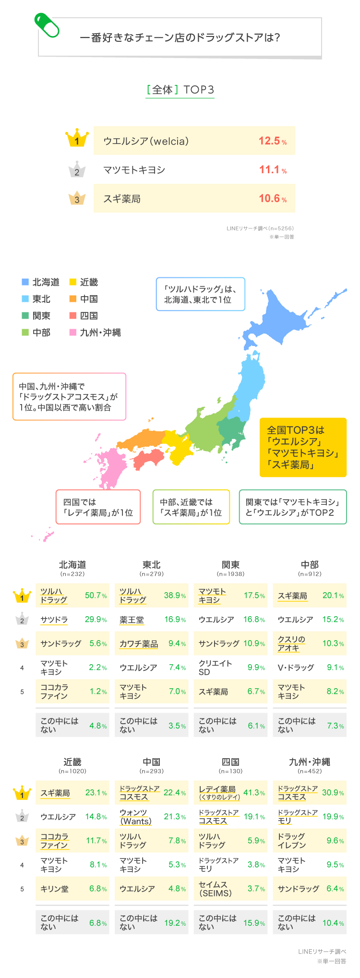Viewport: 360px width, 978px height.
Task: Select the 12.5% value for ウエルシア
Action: [272, 141]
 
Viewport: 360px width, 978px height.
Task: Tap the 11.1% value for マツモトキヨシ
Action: [272, 170]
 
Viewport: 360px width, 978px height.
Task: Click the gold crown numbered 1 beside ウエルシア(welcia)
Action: [77, 140]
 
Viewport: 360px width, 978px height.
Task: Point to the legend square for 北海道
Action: [25, 282]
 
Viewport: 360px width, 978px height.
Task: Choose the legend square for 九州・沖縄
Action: [73, 332]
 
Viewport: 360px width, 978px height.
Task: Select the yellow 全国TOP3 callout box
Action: [303, 447]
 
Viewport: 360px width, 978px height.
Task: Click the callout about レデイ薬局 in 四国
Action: [98, 507]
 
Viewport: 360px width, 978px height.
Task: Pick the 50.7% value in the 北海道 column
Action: [96, 596]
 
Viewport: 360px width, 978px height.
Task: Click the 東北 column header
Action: [152, 565]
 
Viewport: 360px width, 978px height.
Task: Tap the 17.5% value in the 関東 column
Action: [254, 596]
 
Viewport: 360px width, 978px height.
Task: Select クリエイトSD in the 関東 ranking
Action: [209, 668]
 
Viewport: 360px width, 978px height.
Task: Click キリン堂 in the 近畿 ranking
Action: [54, 889]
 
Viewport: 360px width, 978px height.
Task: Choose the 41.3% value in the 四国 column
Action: [254, 793]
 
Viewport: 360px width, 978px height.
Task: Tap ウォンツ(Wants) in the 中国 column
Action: [136, 817]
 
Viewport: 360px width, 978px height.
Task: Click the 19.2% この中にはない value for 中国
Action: [175, 923]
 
